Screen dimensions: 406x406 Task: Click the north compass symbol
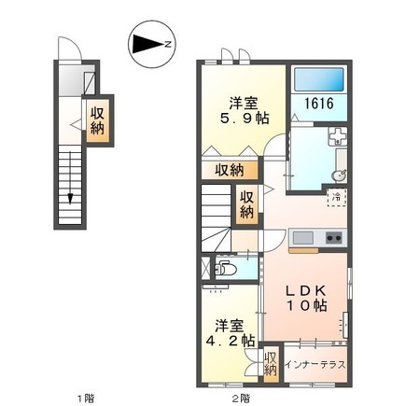point(152,43)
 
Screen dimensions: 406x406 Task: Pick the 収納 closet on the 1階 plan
point(97,120)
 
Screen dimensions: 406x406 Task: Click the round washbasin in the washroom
point(338,175)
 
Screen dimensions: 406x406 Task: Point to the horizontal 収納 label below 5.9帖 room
point(230,170)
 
